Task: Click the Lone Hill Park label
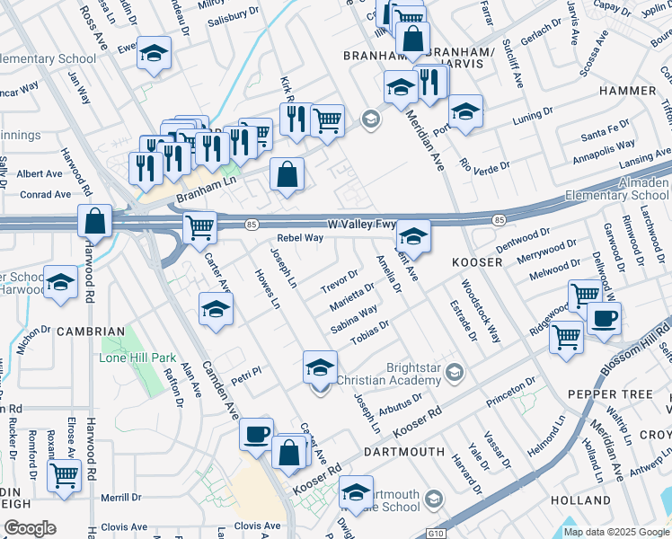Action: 137,358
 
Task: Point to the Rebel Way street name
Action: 299,238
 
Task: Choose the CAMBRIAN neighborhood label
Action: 90,331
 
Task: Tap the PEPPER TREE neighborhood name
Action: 609,395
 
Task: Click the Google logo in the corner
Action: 29,528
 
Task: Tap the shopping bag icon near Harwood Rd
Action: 94,220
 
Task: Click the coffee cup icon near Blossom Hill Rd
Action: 605,317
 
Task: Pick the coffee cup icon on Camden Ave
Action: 256,434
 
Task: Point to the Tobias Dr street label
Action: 369,331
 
